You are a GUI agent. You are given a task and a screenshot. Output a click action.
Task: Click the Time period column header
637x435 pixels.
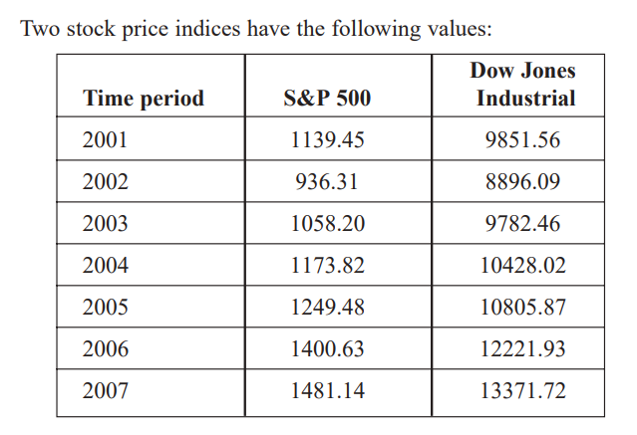tap(144, 99)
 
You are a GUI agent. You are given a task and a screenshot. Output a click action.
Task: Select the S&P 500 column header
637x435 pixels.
tap(327, 99)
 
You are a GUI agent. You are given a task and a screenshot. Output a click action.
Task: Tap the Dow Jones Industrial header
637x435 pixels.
tap(522, 85)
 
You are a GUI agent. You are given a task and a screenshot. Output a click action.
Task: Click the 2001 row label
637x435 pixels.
tap(105, 140)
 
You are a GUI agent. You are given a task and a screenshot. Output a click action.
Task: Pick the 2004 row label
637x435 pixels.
tap(105, 266)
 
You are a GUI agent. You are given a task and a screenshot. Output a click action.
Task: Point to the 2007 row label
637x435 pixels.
tap(105, 391)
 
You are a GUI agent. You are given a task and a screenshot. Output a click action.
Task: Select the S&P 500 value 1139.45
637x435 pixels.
tap(327, 140)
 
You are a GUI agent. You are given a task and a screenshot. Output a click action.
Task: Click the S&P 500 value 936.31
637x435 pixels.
tap(327, 182)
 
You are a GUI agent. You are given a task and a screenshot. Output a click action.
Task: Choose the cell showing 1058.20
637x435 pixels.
tap(327, 224)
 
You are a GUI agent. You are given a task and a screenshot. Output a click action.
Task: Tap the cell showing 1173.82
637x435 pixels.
tap(327, 266)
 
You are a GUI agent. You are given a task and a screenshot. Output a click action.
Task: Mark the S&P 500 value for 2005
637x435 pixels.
tap(327, 308)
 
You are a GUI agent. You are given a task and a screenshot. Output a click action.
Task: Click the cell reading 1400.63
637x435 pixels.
tap(327, 349)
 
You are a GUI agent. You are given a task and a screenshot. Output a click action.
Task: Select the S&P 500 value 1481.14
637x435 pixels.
tap(327, 391)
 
